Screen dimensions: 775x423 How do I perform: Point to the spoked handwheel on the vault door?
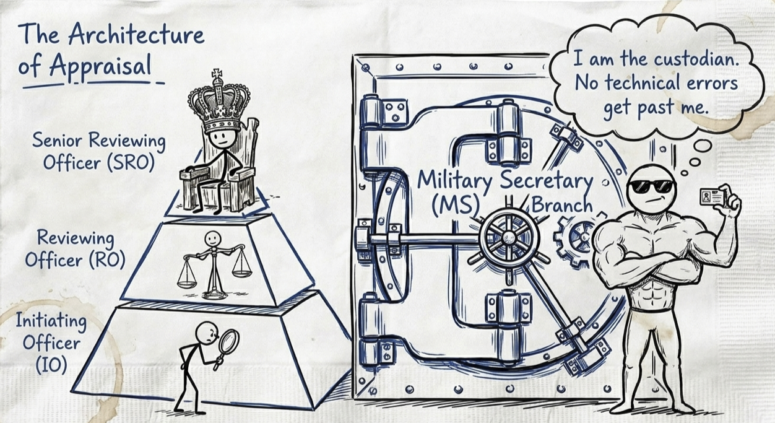tap(509, 237)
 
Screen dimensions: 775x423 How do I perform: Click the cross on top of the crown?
tap(217, 74)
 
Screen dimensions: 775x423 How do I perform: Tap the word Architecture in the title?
tap(136, 36)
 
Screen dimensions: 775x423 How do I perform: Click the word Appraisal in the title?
tap(101, 66)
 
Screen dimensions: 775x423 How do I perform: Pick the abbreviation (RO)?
tap(107, 259)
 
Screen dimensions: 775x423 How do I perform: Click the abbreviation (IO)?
tap(51, 365)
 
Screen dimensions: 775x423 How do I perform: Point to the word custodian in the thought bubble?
tap(698, 59)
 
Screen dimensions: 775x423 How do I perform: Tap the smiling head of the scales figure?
tap(212, 239)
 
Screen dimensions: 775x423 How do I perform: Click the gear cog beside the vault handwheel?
tap(574, 240)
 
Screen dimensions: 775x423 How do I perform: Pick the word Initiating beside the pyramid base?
tap(51, 321)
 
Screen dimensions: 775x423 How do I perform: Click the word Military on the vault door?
tap(454, 181)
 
